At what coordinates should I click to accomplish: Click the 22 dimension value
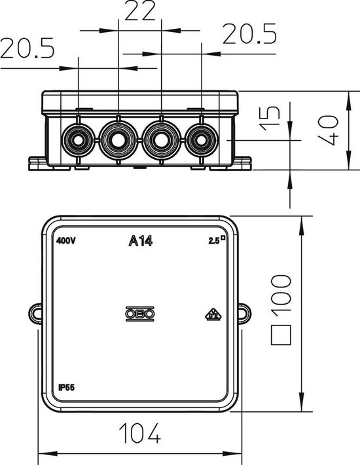[141, 12]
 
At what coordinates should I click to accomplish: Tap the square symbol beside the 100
[281, 335]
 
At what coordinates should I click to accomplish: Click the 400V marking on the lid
[66, 241]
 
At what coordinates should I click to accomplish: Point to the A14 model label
[140, 242]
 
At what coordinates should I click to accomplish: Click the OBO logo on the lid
[140, 315]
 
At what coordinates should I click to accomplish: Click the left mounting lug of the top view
[35, 312]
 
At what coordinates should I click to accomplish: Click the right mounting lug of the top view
[245, 312]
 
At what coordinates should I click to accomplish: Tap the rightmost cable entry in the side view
[200, 139]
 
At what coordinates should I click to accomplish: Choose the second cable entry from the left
[118, 139]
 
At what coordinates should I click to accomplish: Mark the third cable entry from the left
[160, 139]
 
